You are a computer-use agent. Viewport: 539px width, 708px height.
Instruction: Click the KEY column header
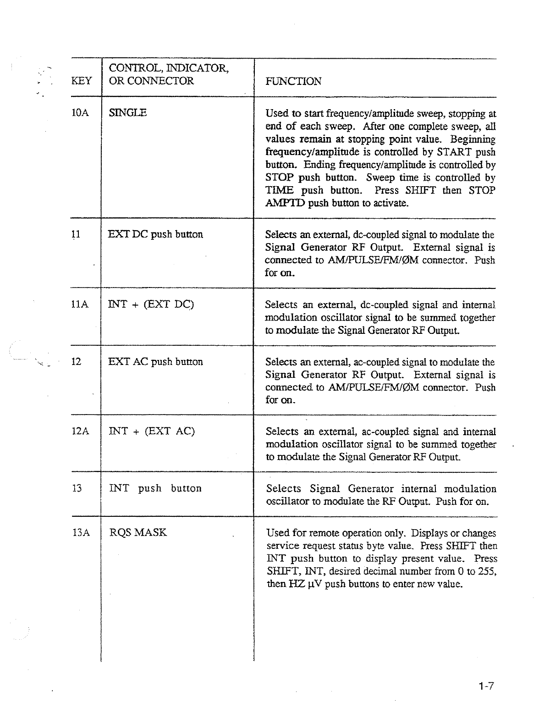pyautogui.click(x=82, y=81)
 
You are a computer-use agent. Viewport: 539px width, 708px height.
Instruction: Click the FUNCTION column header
pyautogui.click(x=293, y=82)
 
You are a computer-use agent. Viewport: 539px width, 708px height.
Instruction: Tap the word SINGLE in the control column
pyautogui.click(x=128, y=112)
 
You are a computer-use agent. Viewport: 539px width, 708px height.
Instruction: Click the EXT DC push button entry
pyautogui.click(x=155, y=234)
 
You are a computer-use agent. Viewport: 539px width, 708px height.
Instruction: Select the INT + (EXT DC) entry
pyautogui.click(x=151, y=304)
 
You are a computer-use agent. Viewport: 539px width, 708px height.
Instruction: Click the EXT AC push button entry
pyautogui.click(x=155, y=362)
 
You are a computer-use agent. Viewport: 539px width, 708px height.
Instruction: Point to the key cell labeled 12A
pyautogui.click(x=80, y=431)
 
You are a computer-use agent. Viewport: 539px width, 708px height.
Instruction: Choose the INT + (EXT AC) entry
pyautogui.click(x=152, y=431)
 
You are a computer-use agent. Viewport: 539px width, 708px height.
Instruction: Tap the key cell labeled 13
pyautogui.click(x=77, y=488)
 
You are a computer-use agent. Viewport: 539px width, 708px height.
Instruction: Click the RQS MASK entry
pyautogui.click(x=138, y=533)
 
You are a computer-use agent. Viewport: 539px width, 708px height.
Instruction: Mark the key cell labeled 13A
pyautogui.click(x=81, y=533)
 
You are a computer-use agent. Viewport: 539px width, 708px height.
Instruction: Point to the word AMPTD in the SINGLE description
pyautogui.click(x=285, y=203)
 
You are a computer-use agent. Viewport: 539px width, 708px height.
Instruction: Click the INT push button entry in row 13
pyautogui.click(x=155, y=488)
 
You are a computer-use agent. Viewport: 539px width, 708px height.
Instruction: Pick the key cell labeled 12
pyautogui.click(x=77, y=362)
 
